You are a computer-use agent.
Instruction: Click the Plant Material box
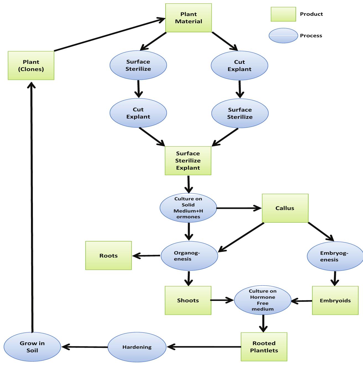pos(189,18)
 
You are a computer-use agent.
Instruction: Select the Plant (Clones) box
pos(31,65)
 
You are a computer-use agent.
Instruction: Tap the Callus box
pos(285,208)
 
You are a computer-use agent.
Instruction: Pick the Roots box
pos(108,256)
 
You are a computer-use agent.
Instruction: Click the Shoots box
pos(188,300)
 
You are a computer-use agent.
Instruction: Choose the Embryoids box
pos(335,300)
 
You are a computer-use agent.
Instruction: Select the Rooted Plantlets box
pos(264,347)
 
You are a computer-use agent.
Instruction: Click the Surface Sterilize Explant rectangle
pos(188,161)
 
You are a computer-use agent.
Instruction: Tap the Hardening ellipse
pos(137,347)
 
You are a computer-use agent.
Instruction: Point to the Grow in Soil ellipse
pos(32,347)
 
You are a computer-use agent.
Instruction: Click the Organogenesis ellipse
pos(189,256)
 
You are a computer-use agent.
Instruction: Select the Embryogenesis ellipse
pos(335,256)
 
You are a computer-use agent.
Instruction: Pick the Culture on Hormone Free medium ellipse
pos(262,300)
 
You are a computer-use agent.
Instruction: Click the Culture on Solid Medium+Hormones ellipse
pos(188,208)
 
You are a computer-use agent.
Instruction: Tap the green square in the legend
pos(283,14)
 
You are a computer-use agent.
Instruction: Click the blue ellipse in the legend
pos(283,36)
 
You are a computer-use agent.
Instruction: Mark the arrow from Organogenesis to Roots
pos(147,256)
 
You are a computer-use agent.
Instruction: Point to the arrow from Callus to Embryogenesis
pos(321,232)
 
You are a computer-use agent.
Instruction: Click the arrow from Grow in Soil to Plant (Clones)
pos(32,207)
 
